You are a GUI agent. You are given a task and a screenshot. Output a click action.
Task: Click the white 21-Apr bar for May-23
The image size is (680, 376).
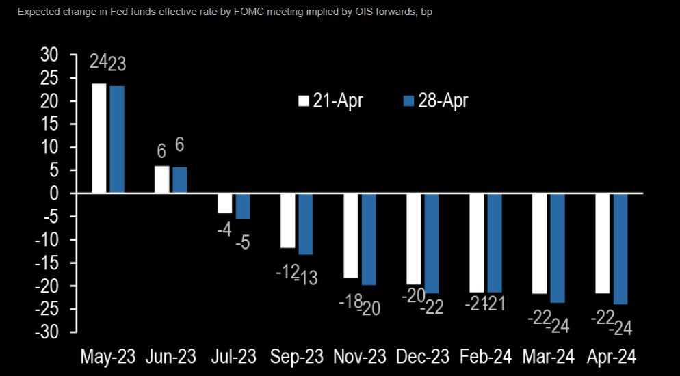click(99, 139)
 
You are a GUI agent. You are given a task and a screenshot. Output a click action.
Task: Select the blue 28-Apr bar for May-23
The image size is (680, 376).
click(117, 139)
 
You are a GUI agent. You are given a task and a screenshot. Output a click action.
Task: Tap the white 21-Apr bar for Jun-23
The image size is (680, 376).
click(161, 180)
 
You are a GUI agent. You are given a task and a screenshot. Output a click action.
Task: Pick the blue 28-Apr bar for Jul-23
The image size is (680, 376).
click(243, 206)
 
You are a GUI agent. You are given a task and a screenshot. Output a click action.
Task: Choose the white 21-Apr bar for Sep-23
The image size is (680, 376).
click(287, 221)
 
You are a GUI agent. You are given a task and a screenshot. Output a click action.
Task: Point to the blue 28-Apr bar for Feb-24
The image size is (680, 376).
click(495, 243)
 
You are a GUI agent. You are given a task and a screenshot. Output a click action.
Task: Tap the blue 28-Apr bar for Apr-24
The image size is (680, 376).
click(620, 249)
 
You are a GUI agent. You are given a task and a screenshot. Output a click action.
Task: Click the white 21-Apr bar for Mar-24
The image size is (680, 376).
click(539, 243)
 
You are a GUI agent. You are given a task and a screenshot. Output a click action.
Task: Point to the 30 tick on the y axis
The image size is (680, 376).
click(50, 55)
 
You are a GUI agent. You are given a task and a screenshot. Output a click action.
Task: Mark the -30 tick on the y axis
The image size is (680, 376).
click(47, 332)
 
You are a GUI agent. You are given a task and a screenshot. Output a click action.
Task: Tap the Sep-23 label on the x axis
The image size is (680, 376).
click(298, 357)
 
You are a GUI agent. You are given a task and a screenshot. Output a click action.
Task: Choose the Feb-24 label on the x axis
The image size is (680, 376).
click(486, 357)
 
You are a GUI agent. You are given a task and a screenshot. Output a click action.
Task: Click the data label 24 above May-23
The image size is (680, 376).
click(99, 63)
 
